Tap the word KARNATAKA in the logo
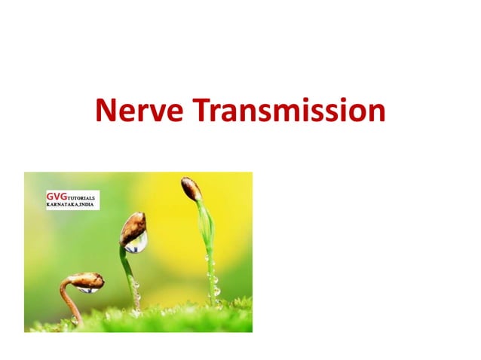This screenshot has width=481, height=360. click(62, 204)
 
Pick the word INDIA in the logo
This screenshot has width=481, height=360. click(87, 204)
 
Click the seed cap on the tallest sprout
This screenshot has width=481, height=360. click(191, 188)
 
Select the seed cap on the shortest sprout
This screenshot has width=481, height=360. click(87, 279)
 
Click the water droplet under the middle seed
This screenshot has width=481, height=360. click(136, 243)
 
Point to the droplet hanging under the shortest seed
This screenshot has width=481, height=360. click(87, 288)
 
